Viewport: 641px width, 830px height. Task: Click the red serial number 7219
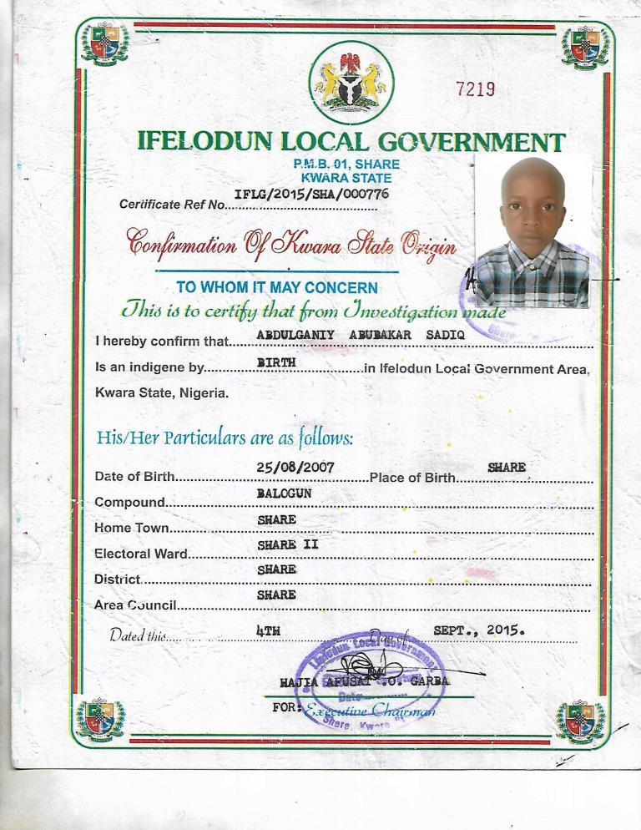[477, 89]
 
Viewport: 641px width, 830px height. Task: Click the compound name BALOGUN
[284, 493]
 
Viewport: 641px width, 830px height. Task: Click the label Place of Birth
[412, 478]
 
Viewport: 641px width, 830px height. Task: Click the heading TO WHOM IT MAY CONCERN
[277, 287]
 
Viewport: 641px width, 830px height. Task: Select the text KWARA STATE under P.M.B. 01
[346, 177]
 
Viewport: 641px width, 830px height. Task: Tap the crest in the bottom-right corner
[581, 721]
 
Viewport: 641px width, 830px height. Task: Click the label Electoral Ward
[141, 553]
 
